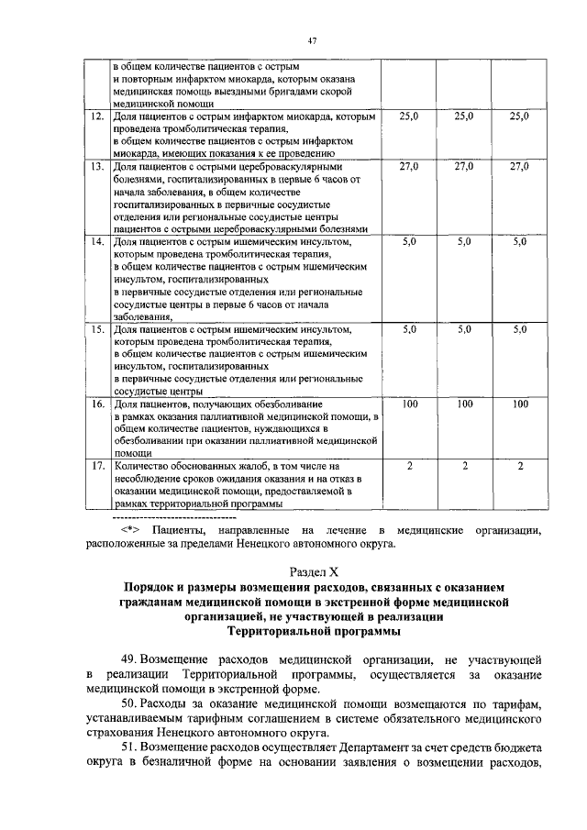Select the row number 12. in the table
97,117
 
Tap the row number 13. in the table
97,168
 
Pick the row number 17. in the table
97,467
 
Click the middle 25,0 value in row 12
464,117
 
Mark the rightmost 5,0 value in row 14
519,241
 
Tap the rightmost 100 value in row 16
519,404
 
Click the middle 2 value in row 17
464,467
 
